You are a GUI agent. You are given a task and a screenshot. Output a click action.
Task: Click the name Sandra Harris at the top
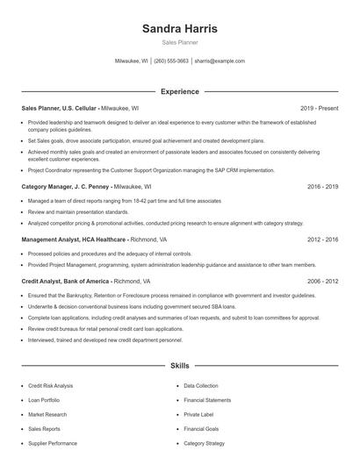(180, 29)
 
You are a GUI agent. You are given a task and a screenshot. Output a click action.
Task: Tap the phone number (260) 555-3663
(171, 61)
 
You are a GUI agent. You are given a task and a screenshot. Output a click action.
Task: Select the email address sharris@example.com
(220, 61)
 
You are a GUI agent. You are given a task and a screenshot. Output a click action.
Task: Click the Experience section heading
(180, 91)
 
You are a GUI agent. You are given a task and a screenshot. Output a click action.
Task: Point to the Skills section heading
(180, 364)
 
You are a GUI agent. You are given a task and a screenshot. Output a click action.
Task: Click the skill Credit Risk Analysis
(51, 386)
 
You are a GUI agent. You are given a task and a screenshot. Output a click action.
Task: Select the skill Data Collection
(201, 386)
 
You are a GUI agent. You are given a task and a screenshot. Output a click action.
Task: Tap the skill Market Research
(47, 415)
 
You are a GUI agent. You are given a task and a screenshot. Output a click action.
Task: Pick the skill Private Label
(198, 415)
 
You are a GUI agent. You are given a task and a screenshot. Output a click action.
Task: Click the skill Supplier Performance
(53, 444)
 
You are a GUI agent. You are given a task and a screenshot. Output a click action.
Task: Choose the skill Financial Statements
(207, 400)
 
